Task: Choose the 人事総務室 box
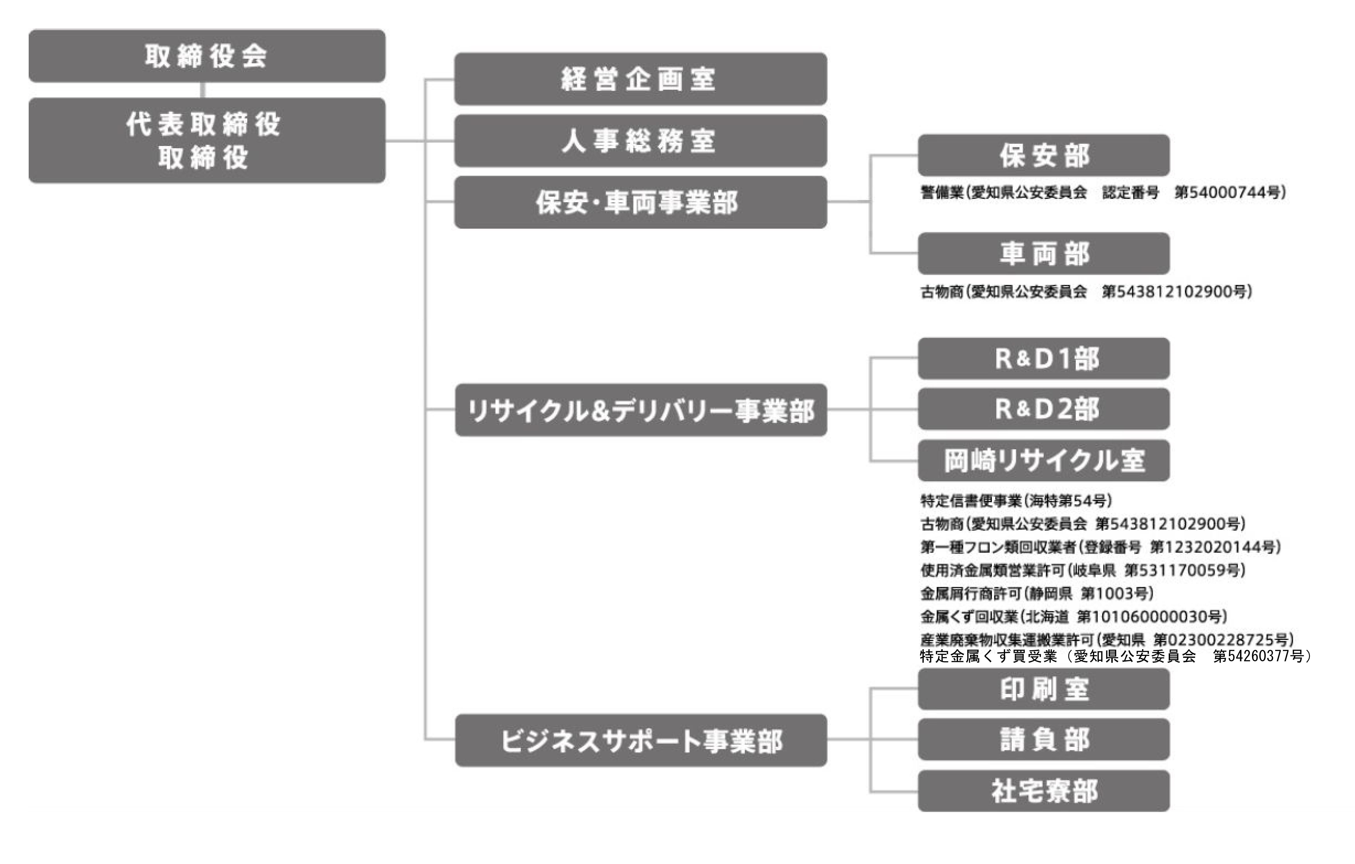click(640, 141)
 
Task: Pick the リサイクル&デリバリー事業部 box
click(640, 410)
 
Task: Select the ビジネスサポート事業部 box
click(640, 740)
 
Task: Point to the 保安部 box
click(1044, 155)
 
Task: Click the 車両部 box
click(1044, 254)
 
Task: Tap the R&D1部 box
click(1044, 358)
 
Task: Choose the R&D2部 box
click(1044, 409)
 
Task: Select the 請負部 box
click(1044, 739)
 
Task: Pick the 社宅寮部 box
click(1044, 791)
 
